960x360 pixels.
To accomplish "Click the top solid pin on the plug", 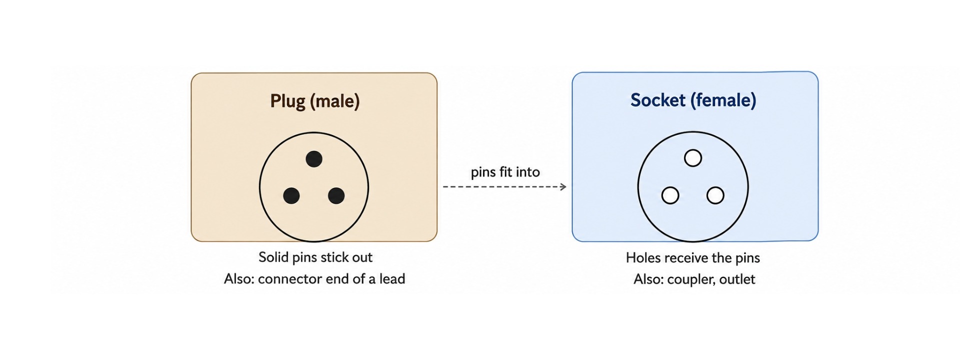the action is tap(314, 159).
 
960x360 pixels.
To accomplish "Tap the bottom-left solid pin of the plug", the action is tap(291, 195).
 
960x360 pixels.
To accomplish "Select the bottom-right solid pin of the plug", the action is tap(336, 195).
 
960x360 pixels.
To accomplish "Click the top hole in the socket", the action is tap(693, 158).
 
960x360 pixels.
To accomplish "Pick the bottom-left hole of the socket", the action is tap(670, 195).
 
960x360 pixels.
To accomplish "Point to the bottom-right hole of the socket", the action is tap(715, 195).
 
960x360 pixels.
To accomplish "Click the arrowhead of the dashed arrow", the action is tap(563, 187).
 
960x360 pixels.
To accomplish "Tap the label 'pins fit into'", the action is tap(505, 172).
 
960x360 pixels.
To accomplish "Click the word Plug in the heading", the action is tap(287, 101).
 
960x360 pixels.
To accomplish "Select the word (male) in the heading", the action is tap(334, 101).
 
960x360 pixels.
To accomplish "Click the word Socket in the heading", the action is tap(657, 100).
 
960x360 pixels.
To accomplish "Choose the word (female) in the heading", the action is tap(723, 100).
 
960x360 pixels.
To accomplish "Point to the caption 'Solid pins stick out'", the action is tap(315, 257).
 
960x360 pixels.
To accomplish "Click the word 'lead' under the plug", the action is tap(392, 278).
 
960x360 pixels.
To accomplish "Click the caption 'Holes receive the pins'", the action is tap(693, 257).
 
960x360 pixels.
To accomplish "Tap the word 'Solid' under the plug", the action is tap(273, 257).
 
